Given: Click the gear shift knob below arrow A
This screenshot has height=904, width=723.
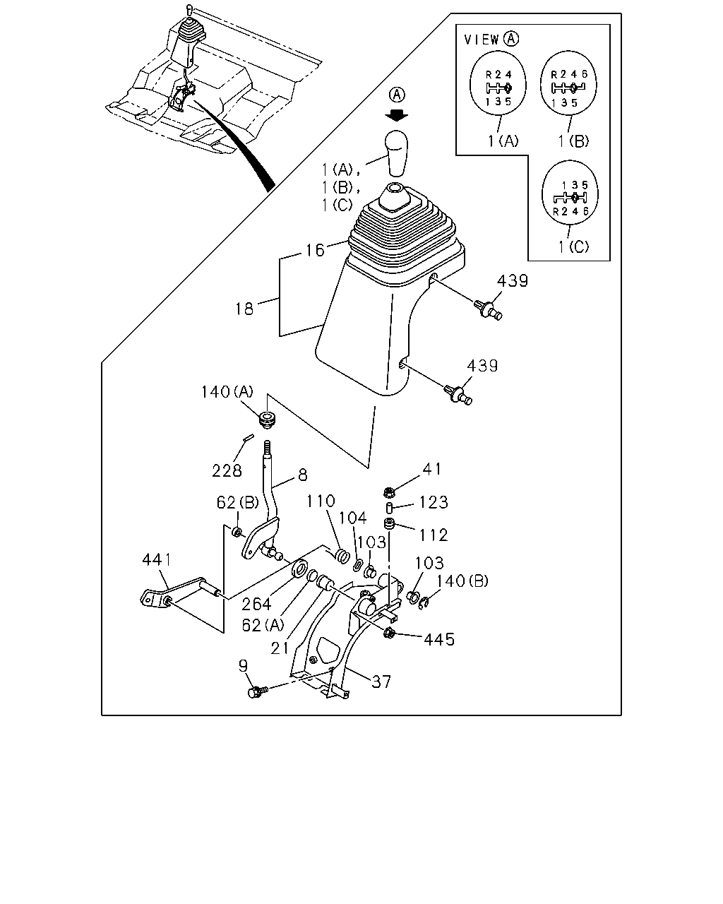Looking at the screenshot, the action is pos(397,153).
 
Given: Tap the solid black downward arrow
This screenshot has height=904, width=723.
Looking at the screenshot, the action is pos(397,114).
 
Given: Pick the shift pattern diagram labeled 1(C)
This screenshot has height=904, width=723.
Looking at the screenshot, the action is pos(570,194).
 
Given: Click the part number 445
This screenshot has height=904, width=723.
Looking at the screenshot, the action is pos(439,639).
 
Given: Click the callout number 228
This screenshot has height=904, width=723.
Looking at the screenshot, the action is pos(227,471).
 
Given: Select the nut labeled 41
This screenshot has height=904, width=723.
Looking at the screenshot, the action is pos(389,491).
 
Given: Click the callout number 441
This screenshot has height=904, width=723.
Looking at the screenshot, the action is pos(157,559).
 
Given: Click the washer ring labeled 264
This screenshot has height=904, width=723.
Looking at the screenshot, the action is pos(300,569).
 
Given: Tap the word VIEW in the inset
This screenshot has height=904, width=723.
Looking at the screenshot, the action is pos(482,40).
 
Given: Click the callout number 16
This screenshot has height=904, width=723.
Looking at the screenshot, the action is pos(315,250).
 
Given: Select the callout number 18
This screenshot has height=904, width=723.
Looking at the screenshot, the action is pos(244,309).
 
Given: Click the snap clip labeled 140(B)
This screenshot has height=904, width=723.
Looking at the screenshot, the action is pos(424,603).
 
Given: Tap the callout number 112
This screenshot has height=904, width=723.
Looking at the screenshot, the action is pos(434,535).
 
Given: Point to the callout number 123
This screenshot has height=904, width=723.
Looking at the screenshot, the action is pos(434,502).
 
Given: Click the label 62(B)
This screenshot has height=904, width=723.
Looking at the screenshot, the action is pos(238,502).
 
